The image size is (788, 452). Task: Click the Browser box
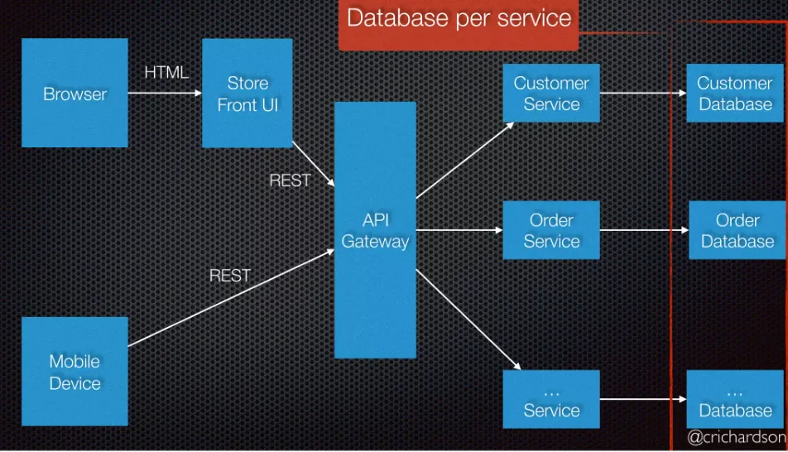click(74, 93)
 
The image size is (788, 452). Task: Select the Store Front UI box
click(247, 93)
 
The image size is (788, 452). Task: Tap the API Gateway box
click(375, 230)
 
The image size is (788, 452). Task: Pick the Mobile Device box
click(74, 371)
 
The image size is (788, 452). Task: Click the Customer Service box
click(551, 94)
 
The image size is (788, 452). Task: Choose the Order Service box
click(551, 230)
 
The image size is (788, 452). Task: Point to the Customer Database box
click(734, 94)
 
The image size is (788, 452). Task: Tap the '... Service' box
click(551, 399)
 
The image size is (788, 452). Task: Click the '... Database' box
click(734, 399)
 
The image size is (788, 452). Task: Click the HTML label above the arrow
click(166, 73)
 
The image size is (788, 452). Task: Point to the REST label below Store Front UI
click(290, 180)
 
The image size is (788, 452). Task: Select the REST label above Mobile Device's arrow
click(229, 276)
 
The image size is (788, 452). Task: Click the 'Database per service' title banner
click(459, 19)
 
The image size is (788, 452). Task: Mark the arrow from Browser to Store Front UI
click(165, 93)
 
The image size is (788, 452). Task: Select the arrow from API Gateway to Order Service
click(459, 230)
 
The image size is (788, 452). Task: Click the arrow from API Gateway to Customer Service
click(464, 161)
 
